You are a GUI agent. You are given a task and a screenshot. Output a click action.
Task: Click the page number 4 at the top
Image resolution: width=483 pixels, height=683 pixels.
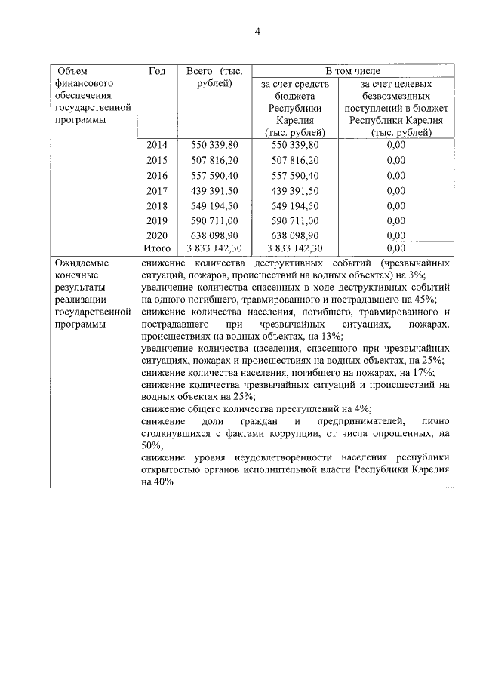coord(257,31)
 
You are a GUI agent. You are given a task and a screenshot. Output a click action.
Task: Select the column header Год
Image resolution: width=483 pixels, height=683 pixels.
coord(157,72)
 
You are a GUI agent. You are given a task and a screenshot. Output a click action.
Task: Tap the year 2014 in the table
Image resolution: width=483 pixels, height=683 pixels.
coord(156,144)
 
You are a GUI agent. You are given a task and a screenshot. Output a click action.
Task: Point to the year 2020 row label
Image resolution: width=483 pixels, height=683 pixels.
coord(156,235)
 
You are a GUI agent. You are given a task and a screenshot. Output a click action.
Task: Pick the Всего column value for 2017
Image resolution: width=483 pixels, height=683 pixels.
coord(214,190)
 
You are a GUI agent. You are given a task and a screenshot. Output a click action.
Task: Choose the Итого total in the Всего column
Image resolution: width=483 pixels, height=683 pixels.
coord(214,248)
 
